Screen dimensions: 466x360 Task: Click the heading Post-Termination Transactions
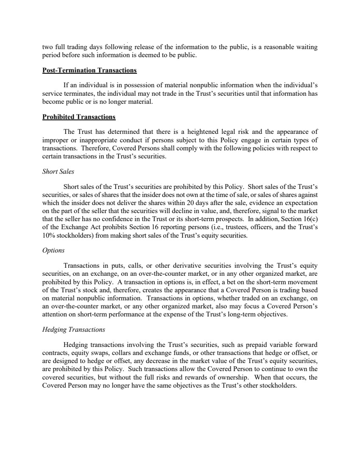coord(89,69)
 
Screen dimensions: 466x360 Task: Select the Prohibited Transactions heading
coord(79,116)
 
